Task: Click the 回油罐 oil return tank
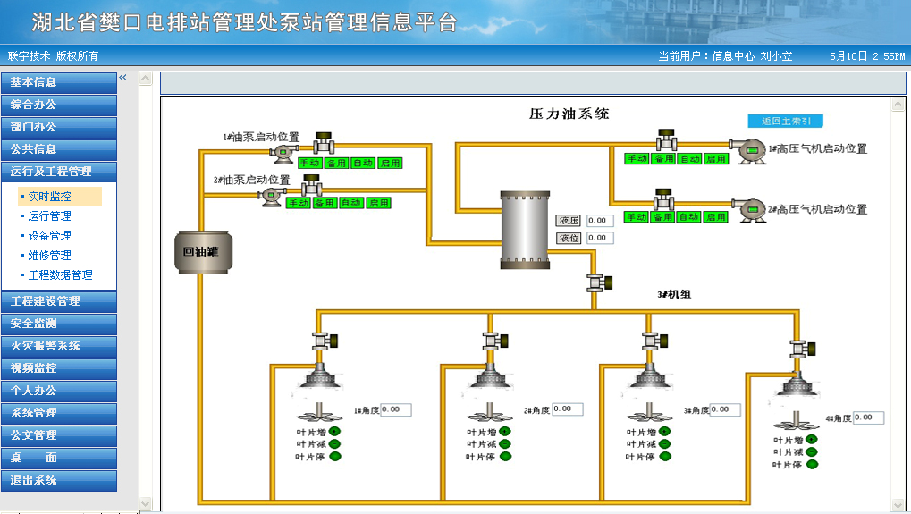[x=201, y=251]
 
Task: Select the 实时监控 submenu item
[x=49, y=197]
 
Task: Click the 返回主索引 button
[x=785, y=121]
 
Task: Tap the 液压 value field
[x=600, y=220]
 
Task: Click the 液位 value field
[x=600, y=238]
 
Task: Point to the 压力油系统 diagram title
[x=569, y=114]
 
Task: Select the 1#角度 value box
[x=396, y=409]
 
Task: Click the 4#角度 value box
[x=868, y=417]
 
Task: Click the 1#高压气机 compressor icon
[x=745, y=148]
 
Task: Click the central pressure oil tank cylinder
[x=524, y=229]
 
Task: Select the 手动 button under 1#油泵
[x=309, y=164]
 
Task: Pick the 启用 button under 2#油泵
[x=379, y=204]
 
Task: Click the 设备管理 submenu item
[x=49, y=236]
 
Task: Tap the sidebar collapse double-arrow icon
[x=123, y=78]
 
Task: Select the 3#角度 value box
[x=725, y=410]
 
